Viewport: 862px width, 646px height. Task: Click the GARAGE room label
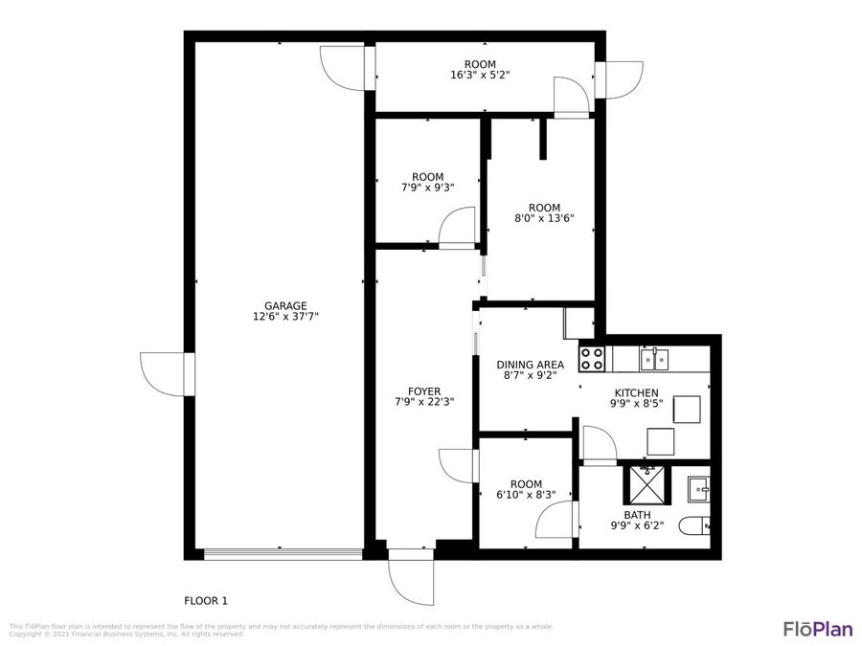tap(280, 306)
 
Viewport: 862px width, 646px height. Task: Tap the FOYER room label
tap(424, 391)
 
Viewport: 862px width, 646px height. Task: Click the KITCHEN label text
tap(636, 392)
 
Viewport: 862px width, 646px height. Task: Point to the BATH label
tap(637, 515)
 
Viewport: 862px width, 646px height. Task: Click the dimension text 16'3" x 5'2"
tap(480, 75)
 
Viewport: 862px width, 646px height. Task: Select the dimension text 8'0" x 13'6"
tap(544, 218)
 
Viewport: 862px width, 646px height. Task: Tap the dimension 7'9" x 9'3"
tap(427, 188)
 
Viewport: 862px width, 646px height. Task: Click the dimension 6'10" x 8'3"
tap(526, 495)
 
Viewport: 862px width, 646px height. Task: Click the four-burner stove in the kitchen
tap(592, 359)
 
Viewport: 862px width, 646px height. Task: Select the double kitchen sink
tap(654, 359)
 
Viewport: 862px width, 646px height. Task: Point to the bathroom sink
tap(698, 489)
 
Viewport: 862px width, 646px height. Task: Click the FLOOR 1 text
tap(206, 601)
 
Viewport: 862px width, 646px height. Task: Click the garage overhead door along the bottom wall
tap(283, 554)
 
